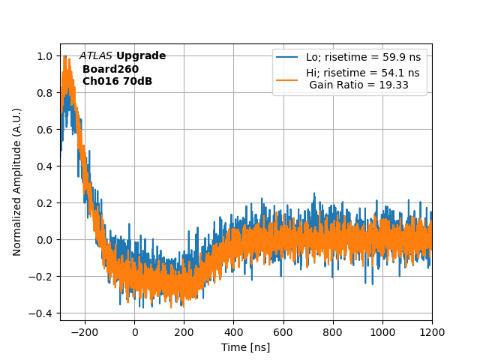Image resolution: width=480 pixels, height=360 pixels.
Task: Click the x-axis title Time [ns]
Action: (245, 347)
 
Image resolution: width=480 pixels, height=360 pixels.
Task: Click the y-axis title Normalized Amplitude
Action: (17, 181)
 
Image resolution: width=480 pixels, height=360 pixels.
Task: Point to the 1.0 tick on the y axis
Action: (45, 56)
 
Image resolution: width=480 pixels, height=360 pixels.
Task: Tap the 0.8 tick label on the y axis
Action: (45, 93)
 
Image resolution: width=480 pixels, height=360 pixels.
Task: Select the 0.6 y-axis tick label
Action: (45, 130)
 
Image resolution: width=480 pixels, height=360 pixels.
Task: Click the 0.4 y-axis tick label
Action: (45, 166)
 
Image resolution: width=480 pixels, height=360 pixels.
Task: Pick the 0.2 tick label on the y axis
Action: (45, 203)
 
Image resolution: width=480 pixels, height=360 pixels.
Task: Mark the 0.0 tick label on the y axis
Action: (45, 240)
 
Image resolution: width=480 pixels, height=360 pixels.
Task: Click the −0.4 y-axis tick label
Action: (42, 313)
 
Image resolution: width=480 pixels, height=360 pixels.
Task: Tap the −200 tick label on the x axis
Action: (85, 331)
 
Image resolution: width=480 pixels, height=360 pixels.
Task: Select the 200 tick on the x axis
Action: (184, 331)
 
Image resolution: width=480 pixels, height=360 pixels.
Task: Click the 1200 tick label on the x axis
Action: (432, 331)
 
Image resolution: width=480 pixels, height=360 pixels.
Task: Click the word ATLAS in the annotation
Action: (96, 56)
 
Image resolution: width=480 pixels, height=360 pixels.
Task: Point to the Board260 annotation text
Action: (110, 69)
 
